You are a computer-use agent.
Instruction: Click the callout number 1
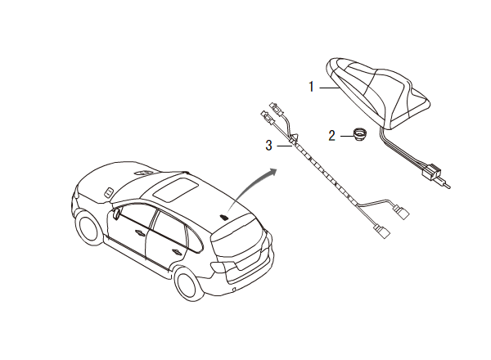311,85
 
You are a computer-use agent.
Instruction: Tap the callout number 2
331,136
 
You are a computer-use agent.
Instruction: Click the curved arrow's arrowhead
273,172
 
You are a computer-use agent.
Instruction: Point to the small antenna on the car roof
223,217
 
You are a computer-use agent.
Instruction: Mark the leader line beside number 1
325,85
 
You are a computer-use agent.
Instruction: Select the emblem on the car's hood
107,191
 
